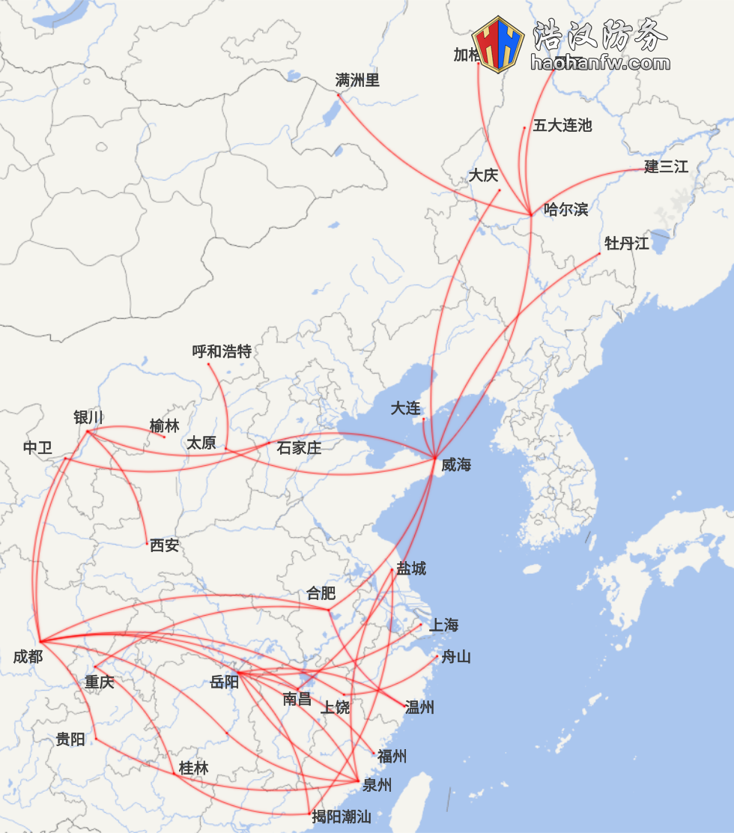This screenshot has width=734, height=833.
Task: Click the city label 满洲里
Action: (x=357, y=80)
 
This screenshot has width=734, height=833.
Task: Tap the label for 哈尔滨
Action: (x=565, y=209)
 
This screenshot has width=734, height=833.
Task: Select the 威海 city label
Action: (x=455, y=464)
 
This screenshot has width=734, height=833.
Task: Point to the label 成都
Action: (x=28, y=657)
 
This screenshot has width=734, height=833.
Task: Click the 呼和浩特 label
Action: (x=222, y=351)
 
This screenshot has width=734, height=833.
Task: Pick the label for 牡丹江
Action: (x=626, y=243)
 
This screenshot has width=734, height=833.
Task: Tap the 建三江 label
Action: (x=666, y=166)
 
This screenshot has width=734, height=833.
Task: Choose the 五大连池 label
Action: (x=562, y=125)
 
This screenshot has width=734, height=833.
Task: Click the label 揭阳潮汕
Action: (x=342, y=817)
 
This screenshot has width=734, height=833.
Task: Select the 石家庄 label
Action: (x=299, y=448)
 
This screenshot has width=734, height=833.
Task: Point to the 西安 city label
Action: (x=164, y=545)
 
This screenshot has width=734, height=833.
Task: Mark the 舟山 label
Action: (x=455, y=657)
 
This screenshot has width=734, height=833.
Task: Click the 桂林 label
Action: (x=193, y=768)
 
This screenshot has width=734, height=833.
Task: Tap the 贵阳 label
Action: (x=70, y=739)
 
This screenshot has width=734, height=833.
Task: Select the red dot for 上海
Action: (x=421, y=624)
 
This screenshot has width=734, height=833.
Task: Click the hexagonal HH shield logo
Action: (x=498, y=44)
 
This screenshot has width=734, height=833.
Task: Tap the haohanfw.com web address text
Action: (x=600, y=63)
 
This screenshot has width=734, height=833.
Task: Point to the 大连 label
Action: (x=405, y=408)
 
